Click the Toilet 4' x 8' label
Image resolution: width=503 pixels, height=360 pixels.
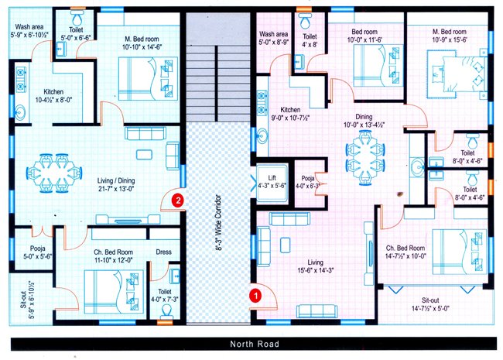(x=310, y=40)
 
